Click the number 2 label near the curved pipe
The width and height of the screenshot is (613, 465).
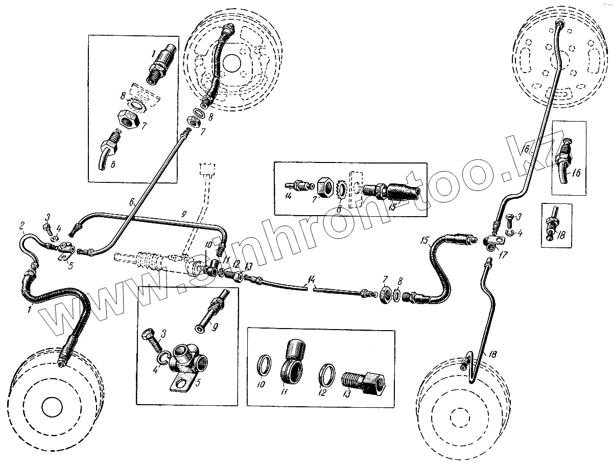(22, 225)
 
